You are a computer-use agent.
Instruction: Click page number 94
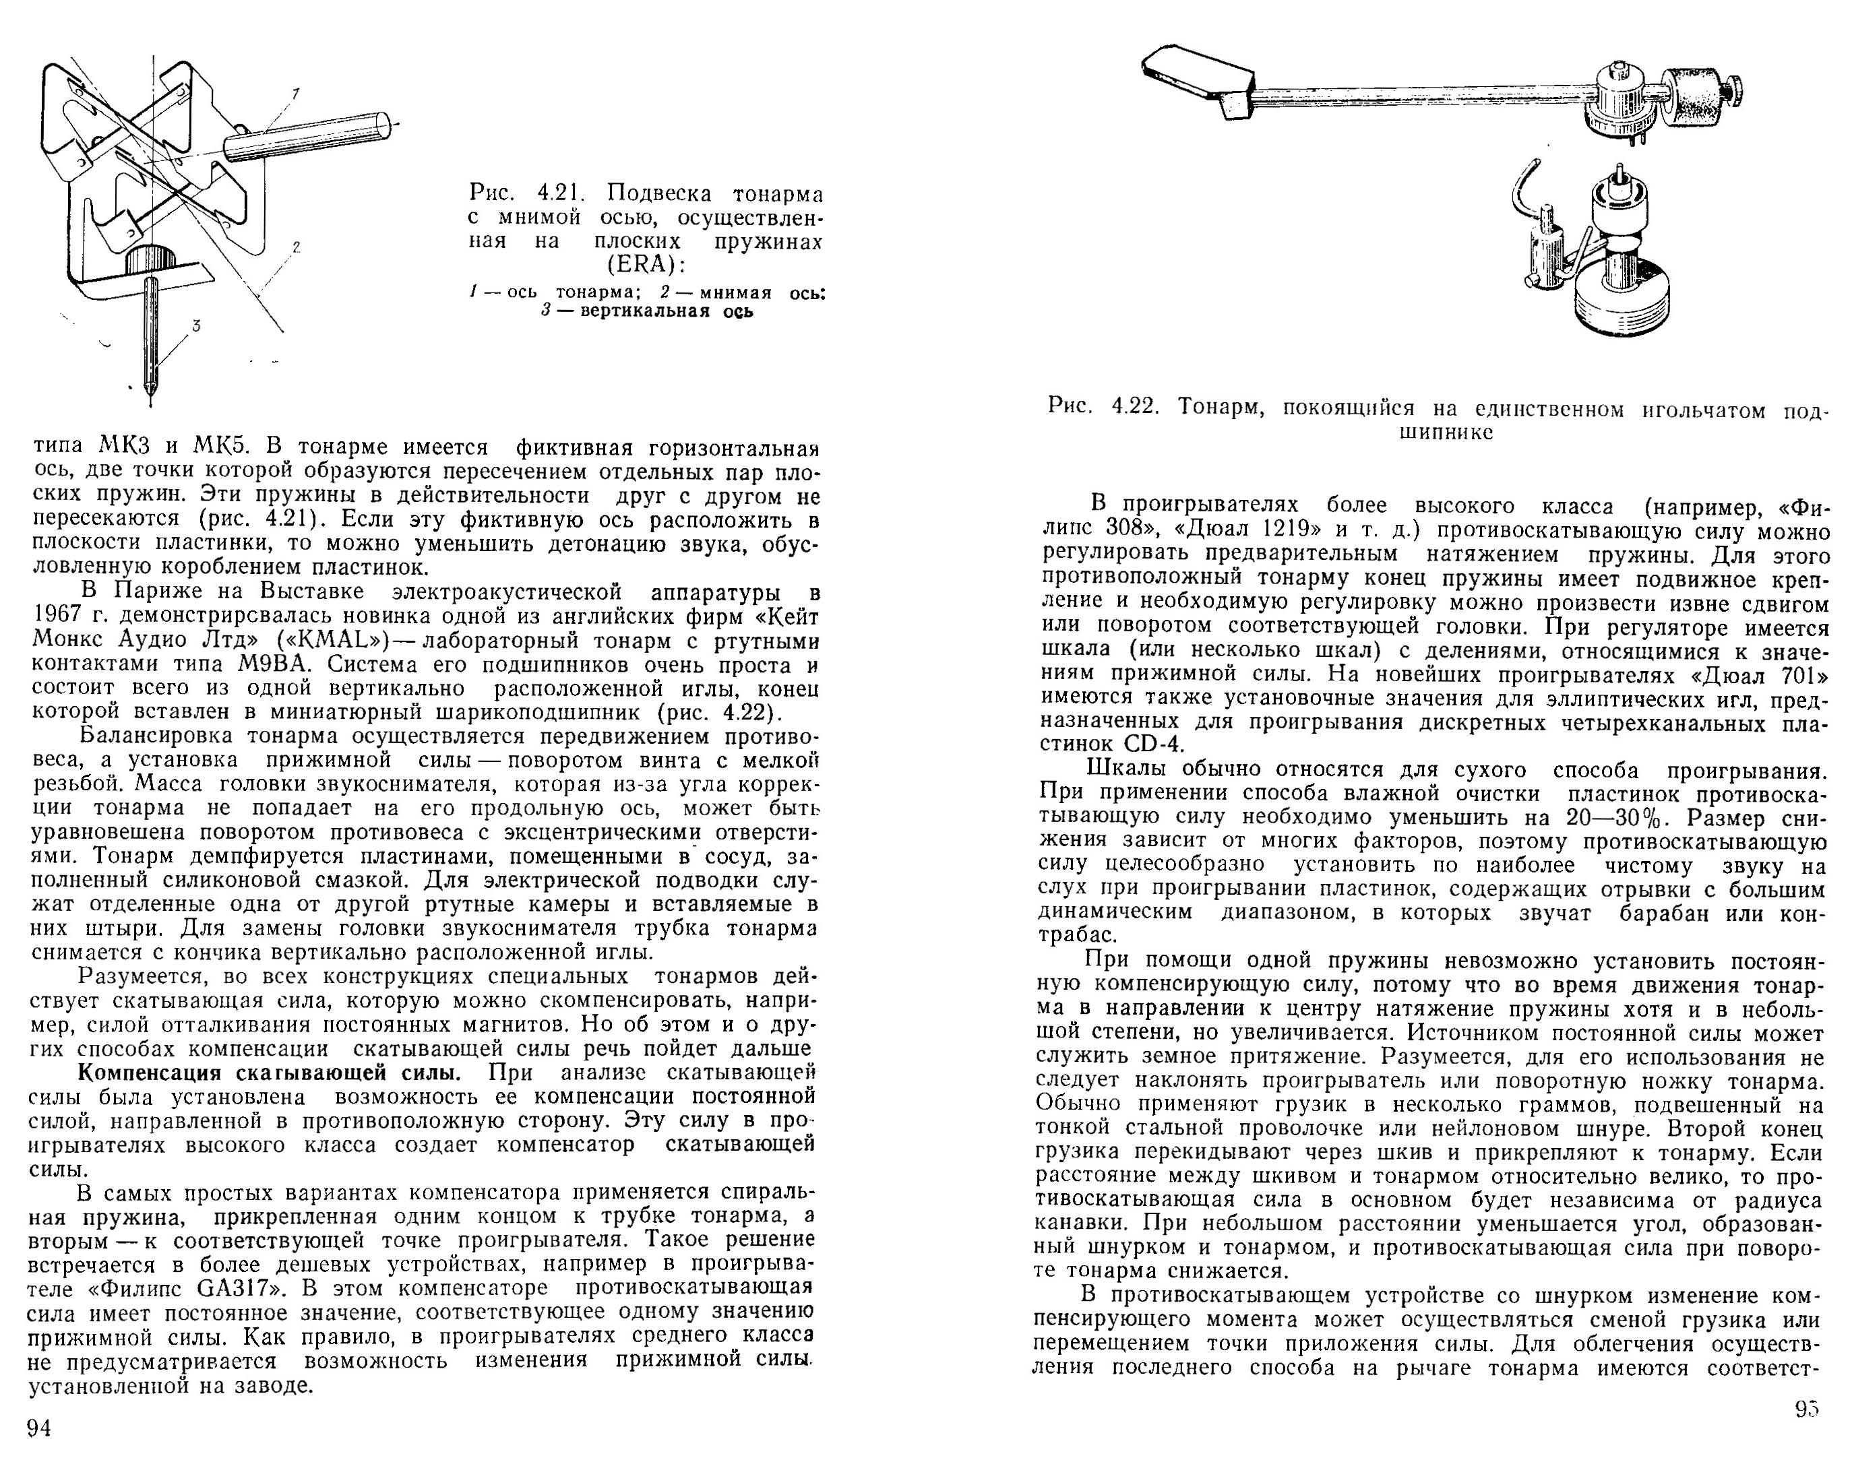39,1428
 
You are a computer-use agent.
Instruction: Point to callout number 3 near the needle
196,325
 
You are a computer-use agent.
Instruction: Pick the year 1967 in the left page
58,616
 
